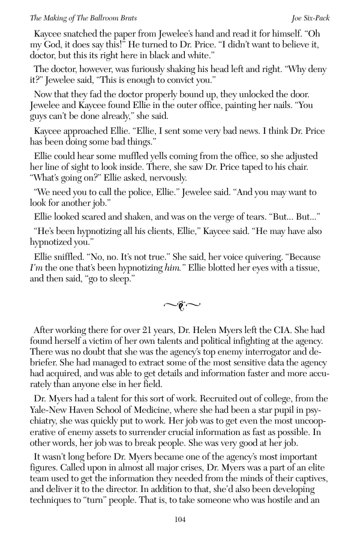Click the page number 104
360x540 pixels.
180,519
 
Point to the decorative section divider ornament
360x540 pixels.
180,307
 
